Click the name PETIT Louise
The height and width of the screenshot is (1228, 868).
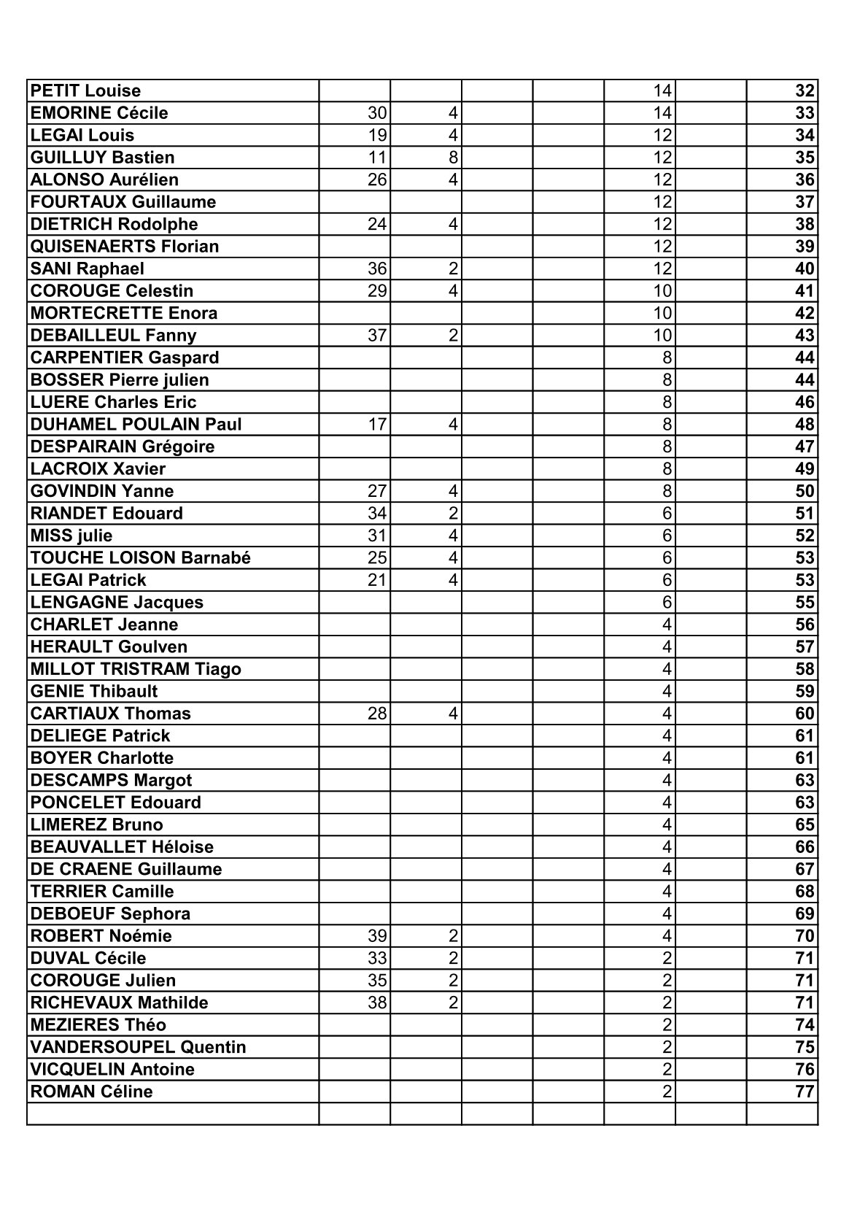(85, 91)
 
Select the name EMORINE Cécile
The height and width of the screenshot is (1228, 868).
(99, 113)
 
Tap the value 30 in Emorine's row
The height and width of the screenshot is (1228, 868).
(377, 113)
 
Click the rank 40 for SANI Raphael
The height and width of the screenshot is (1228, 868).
(805, 269)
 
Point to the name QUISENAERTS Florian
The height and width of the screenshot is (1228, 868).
(125, 247)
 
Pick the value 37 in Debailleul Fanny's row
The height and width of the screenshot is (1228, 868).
(377, 336)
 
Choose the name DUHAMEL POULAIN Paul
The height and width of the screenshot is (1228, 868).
(136, 425)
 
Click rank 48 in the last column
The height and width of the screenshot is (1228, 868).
(805, 425)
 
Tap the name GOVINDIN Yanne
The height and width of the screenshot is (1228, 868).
(102, 491)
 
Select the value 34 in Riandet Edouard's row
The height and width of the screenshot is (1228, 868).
(377, 514)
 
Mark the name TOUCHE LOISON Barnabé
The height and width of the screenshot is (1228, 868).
(141, 558)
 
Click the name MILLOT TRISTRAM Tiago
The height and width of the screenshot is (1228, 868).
(136, 669)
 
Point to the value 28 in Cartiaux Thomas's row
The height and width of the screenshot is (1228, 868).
(377, 714)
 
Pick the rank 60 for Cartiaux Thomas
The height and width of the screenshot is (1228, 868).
(805, 714)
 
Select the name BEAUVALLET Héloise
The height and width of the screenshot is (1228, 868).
(122, 847)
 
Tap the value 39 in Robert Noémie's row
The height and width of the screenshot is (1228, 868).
(377, 936)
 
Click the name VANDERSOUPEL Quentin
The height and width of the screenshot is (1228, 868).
(139, 1048)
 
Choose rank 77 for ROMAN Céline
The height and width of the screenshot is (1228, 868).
(805, 1092)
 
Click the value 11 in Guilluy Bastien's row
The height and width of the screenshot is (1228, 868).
(377, 158)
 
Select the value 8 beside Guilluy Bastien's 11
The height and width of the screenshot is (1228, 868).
(453, 158)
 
